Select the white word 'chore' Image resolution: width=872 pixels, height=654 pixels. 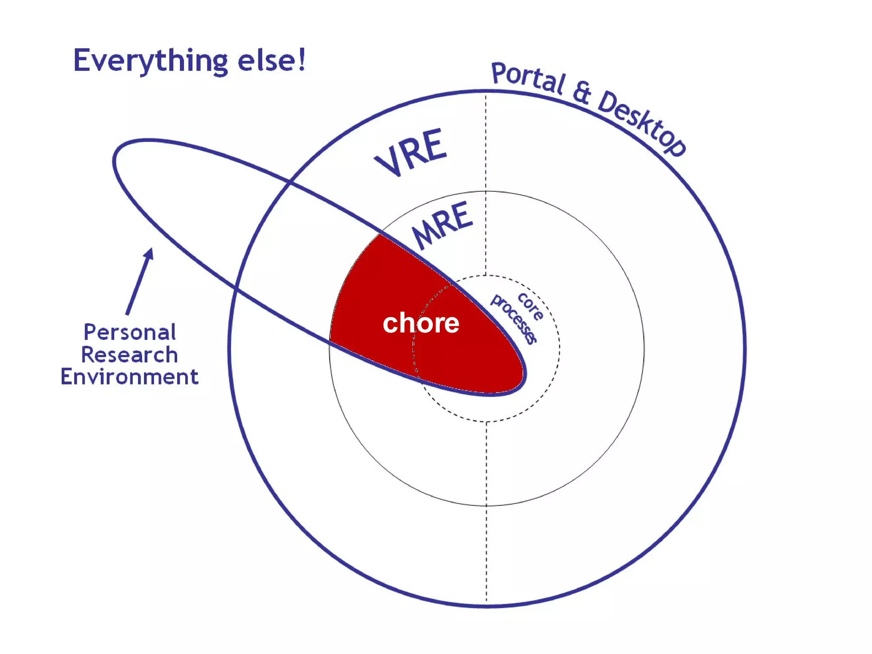(421, 323)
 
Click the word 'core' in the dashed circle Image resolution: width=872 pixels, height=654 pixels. (531, 306)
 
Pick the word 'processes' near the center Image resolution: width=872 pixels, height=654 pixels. (513, 318)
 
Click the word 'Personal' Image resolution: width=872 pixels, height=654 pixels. (129, 333)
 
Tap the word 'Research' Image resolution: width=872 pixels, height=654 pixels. (129, 355)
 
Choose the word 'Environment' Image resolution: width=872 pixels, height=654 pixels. (129, 377)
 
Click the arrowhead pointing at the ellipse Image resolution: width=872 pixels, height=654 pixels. (149, 254)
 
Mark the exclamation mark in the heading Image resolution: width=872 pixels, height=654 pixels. (301, 59)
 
